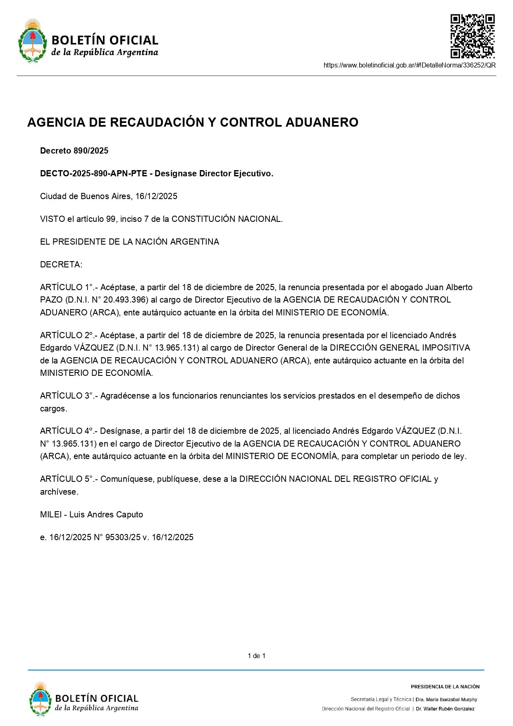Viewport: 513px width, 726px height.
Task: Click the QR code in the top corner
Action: coord(472,36)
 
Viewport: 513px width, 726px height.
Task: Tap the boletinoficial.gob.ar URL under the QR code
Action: coord(409,65)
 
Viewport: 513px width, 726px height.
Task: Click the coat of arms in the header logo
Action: coord(32,41)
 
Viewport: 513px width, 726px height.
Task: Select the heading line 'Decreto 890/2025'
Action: coord(74,151)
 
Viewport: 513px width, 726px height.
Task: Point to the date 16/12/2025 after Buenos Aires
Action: coord(156,196)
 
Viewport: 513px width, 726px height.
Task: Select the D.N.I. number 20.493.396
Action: coord(125,300)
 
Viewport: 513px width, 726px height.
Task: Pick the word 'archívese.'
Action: coord(59,492)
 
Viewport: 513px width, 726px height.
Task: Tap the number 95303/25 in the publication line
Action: coord(123,537)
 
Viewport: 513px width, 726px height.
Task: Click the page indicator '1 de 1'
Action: coord(256,656)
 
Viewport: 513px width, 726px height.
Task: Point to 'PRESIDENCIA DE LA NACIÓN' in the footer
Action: coord(445,687)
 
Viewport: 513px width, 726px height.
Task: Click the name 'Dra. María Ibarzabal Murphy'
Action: coord(446,700)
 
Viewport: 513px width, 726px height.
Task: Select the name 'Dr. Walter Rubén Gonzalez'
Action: coord(445,709)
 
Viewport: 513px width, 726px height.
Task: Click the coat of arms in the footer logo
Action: coord(40,700)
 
